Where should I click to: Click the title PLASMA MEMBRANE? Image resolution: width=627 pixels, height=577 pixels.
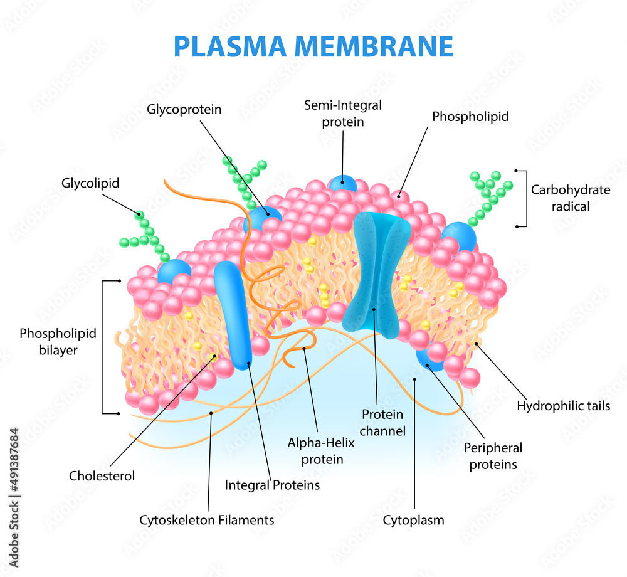pyautogui.click(x=313, y=47)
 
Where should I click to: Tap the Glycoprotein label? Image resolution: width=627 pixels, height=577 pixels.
pyautogui.click(x=184, y=109)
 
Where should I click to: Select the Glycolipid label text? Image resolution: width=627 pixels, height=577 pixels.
pyautogui.click(x=90, y=183)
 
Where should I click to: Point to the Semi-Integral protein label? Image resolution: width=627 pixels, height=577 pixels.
pyautogui.click(x=343, y=114)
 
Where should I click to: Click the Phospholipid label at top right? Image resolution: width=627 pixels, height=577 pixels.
pyautogui.click(x=470, y=116)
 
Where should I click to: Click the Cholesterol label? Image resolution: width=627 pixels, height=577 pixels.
pyautogui.click(x=102, y=475)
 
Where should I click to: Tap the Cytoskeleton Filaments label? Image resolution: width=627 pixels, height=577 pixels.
pyautogui.click(x=207, y=520)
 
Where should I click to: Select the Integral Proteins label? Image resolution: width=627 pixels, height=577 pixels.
pyautogui.click(x=272, y=485)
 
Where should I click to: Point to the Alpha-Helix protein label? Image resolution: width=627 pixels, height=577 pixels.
pyautogui.click(x=321, y=451)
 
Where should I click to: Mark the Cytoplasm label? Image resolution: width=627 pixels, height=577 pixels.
pyautogui.click(x=414, y=520)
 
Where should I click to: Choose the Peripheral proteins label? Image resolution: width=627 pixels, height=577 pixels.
pyautogui.click(x=493, y=456)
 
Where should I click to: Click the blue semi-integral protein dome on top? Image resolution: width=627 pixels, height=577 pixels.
pyautogui.click(x=343, y=183)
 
